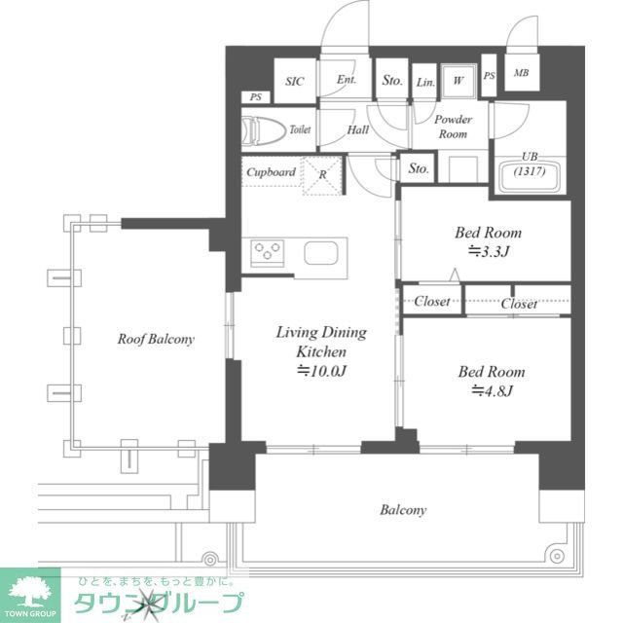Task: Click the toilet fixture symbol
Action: point(263,128)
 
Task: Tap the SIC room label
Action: point(295,82)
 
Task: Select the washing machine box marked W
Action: point(458,82)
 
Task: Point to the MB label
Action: point(521,73)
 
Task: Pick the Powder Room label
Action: point(453,127)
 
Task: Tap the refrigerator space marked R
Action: point(324,175)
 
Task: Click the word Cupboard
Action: point(271,172)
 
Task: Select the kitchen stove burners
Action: point(267,253)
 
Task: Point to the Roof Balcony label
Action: point(156,340)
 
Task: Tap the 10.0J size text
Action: point(322,371)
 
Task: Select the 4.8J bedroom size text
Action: point(492,391)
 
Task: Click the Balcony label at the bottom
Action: point(403,509)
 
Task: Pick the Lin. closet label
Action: point(425,83)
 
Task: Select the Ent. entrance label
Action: point(347,81)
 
